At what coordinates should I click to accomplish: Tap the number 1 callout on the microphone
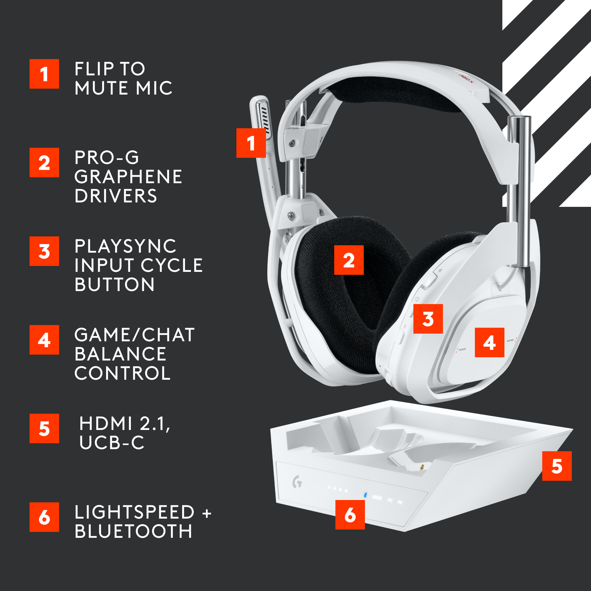pos(251,143)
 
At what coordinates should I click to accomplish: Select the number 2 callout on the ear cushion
pos(349,260)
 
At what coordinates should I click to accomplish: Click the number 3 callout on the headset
pos(428,319)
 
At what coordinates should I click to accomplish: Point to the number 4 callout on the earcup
pos(489,342)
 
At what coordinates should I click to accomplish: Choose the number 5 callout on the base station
pos(557,466)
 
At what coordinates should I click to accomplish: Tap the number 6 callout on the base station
pos(350,514)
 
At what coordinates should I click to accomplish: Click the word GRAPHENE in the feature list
pos(128,177)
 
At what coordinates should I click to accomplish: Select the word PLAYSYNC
pos(125,246)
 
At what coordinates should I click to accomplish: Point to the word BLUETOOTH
pos(133,531)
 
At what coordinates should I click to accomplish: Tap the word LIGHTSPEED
pos(134,512)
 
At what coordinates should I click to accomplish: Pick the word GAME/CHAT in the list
pos(134,335)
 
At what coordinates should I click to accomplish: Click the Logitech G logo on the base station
pos(297,483)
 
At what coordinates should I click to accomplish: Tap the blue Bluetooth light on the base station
pos(365,495)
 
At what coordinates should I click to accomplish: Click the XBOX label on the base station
pos(377,498)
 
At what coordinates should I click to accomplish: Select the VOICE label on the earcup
pos(462,349)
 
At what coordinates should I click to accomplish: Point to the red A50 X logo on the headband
pos(466,78)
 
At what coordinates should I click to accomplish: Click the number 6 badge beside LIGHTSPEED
pos(44,517)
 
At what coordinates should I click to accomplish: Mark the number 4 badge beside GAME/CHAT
pos(44,340)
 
